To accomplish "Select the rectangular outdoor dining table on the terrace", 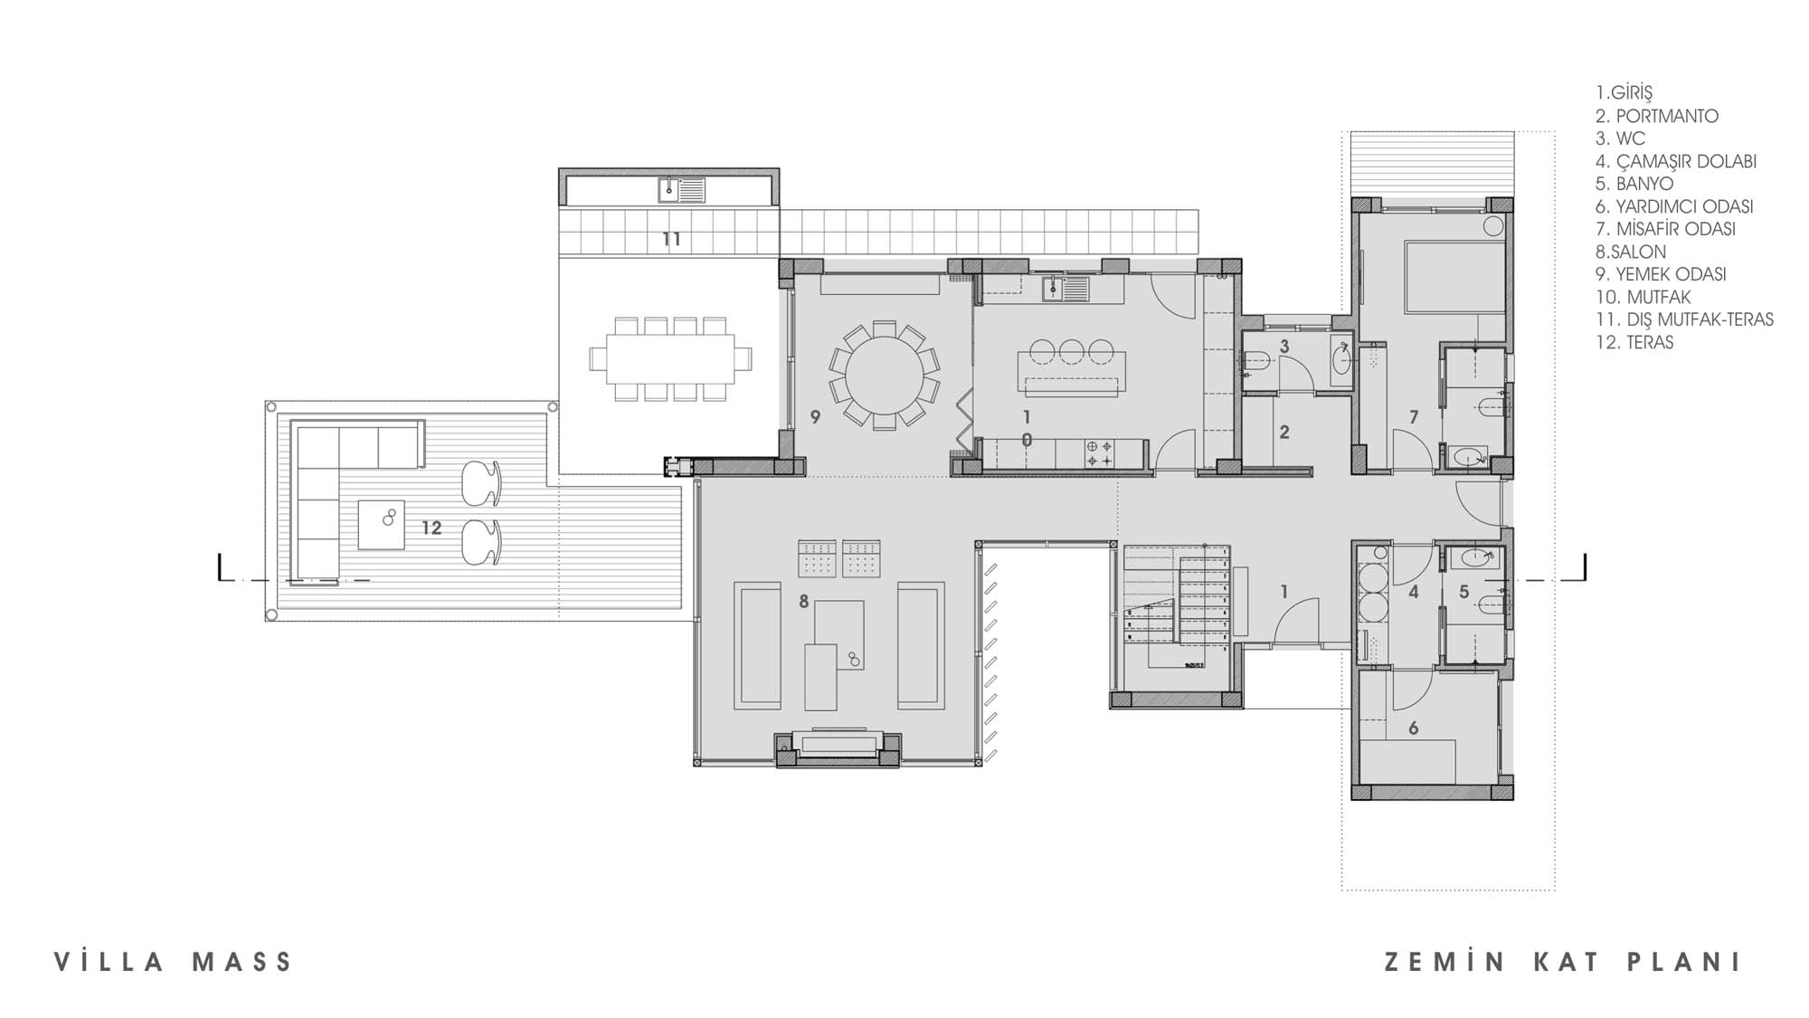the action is (x=670, y=358).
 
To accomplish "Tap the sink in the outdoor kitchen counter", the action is (x=669, y=190).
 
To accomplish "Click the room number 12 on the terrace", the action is (x=431, y=528).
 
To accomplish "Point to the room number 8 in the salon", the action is (x=803, y=602).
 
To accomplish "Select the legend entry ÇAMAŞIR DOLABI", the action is (x=1676, y=161).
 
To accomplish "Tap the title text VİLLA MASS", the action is (x=174, y=962).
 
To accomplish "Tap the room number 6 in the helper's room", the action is (x=1413, y=728).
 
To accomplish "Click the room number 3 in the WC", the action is (x=1283, y=347).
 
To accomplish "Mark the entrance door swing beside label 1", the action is (x=1294, y=621).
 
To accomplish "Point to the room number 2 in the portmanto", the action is (x=1283, y=433).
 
